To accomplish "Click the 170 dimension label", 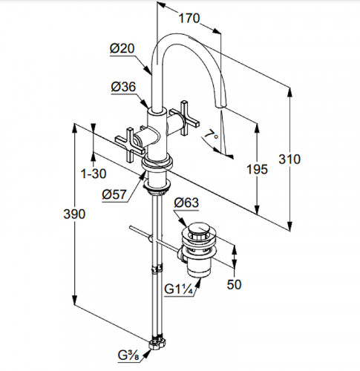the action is (189, 19).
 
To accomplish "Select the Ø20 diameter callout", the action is (122, 48).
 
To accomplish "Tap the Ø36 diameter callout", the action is (123, 87).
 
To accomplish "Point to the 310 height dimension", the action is (289, 159).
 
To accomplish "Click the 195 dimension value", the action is (257, 169).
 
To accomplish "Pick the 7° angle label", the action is (211, 135).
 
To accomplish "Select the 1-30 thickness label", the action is (94, 174).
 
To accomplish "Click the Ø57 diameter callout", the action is (114, 194).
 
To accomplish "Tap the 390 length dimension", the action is (74, 214).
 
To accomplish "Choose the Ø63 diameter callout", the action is (186, 203).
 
